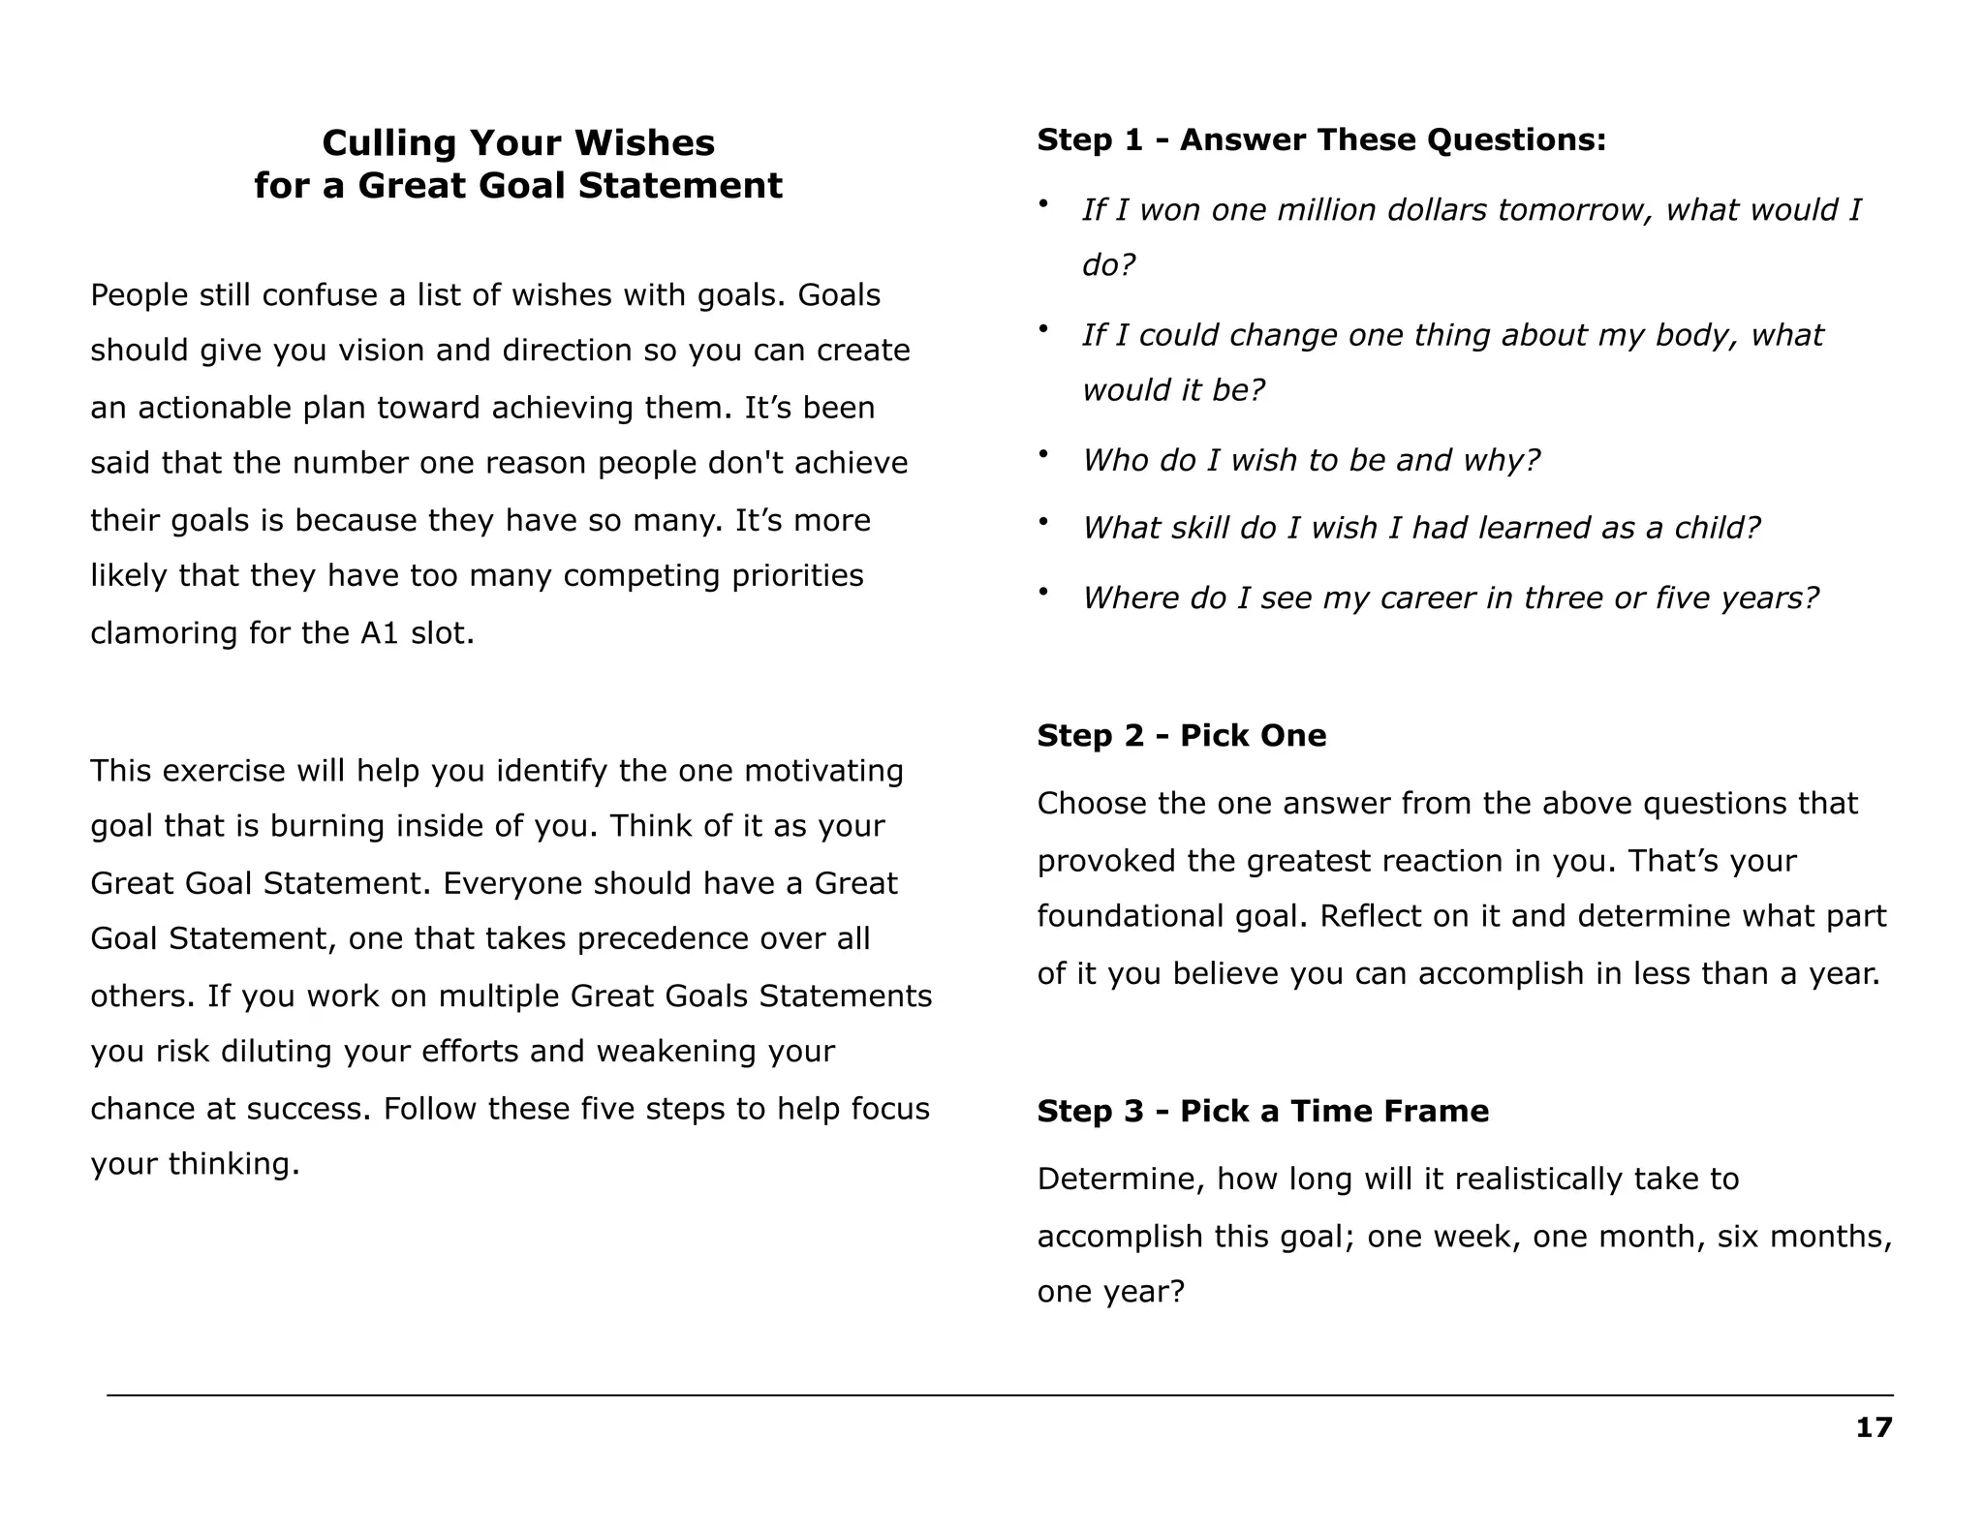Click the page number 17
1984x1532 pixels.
[x=1874, y=1427]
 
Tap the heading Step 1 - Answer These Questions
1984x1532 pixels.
[x=1321, y=139]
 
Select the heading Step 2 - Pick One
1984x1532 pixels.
[x=1181, y=735]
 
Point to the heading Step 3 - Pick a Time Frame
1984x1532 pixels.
[x=1262, y=1111]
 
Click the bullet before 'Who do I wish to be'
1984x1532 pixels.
[x=1043, y=453]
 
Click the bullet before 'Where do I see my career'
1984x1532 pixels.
[x=1043, y=591]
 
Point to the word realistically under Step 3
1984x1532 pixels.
[x=1538, y=1180]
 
